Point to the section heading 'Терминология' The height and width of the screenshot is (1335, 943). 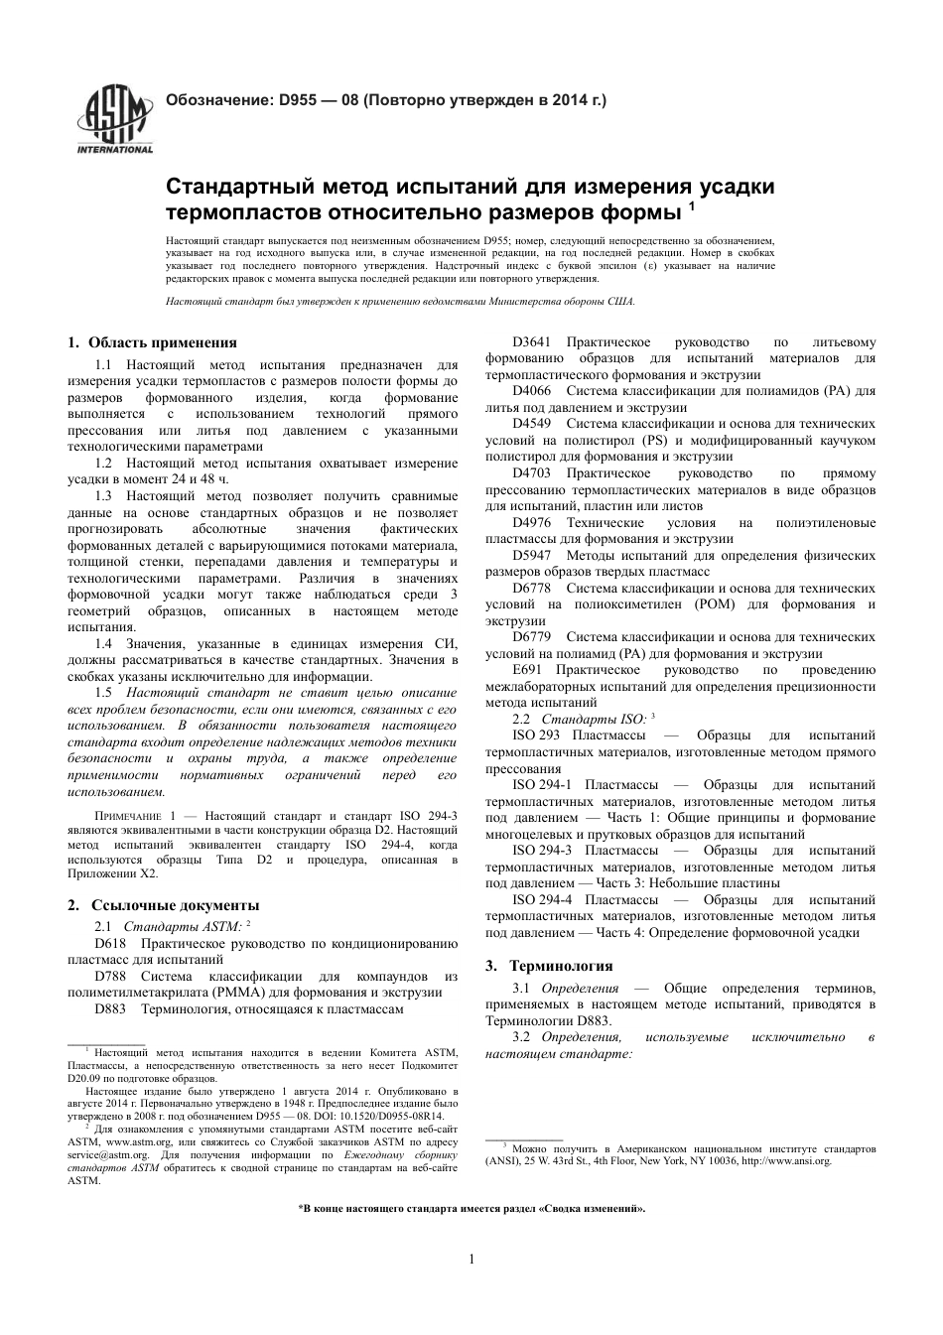(x=561, y=965)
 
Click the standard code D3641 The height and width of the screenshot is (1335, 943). (x=532, y=342)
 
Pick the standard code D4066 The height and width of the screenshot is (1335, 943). (x=532, y=391)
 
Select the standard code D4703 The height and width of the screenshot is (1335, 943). (x=532, y=473)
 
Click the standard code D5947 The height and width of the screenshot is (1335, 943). (x=532, y=555)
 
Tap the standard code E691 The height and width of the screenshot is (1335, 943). (x=528, y=670)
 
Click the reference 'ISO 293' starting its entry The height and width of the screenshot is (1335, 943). (x=535, y=734)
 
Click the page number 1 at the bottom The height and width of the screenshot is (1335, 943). (x=471, y=1260)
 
